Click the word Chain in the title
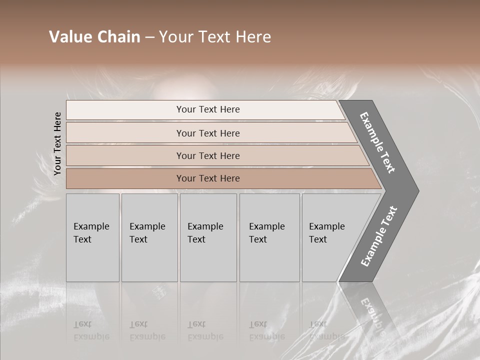118,37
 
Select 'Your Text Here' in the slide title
215,37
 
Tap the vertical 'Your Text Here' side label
57,143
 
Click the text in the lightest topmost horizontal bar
208,109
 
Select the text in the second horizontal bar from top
208,133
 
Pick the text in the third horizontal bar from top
208,156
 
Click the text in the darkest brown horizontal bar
208,178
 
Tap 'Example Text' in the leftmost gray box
91,233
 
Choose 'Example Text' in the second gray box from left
147,233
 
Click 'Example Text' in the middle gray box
205,233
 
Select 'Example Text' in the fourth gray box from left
266,233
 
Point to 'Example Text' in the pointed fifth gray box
326,233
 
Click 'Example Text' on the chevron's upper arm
377,142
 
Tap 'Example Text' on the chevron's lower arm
379,236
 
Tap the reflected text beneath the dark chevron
372,315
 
